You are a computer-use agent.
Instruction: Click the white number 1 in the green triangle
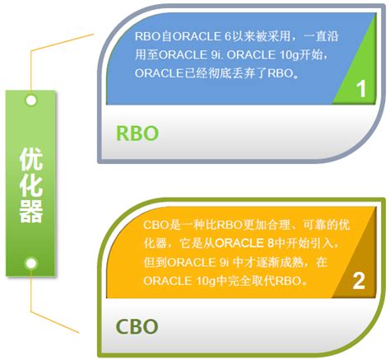pos(362,89)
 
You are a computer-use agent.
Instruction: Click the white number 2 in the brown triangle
pos(359,281)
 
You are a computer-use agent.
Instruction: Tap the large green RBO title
pos(137,133)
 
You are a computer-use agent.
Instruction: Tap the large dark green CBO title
pos(137,326)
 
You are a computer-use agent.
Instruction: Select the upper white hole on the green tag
pos(31,101)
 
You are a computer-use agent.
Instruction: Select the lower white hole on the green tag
pos(31,263)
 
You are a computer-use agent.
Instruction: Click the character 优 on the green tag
pos(31,159)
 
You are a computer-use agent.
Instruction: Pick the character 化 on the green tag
pos(31,185)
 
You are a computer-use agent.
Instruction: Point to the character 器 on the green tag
pos(31,211)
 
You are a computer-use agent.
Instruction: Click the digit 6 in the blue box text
pos(228,36)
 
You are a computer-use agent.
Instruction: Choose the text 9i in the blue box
pos(216,55)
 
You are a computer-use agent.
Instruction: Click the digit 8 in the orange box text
pos(270,243)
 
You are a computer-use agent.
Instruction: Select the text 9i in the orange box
pos(224,262)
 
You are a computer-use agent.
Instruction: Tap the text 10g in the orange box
pos(207,281)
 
